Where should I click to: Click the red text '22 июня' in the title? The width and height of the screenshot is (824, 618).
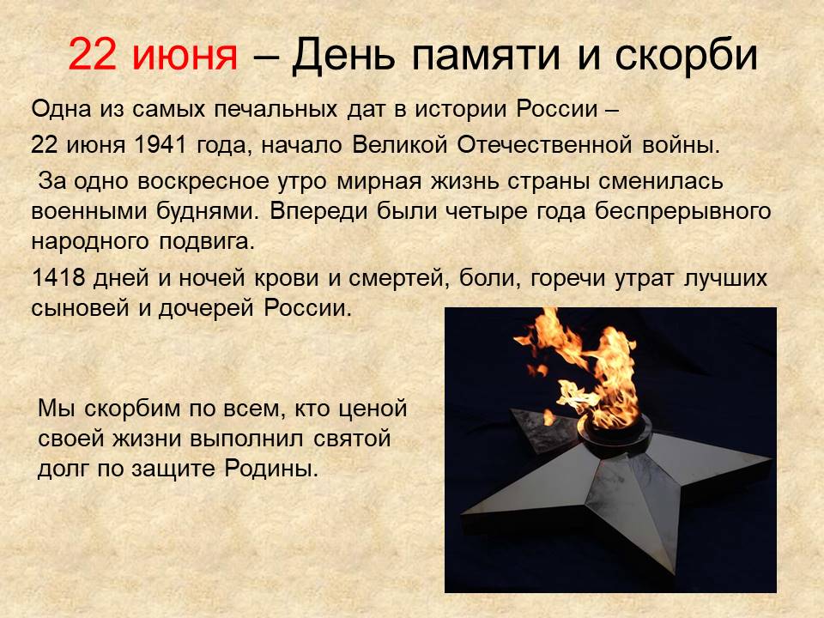pyautogui.click(x=153, y=54)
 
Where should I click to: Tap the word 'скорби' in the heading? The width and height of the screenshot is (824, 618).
pyautogui.click(x=686, y=54)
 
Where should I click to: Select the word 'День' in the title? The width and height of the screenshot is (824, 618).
pyautogui.click(x=343, y=55)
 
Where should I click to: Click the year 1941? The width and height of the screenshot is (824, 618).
pyautogui.click(x=161, y=144)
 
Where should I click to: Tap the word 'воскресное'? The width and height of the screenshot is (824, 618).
pyautogui.click(x=203, y=182)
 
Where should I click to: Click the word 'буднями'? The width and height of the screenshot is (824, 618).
pyautogui.click(x=208, y=211)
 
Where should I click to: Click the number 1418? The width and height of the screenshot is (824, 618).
pyautogui.click(x=58, y=277)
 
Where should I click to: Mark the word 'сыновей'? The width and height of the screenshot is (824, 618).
pyautogui.click(x=80, y=308)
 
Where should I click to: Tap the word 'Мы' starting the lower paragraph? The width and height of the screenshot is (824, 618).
pyautogui.click(x=55, y=408)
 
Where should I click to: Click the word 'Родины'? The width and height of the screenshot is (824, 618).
pyautogui.click(x=271, y=469)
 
